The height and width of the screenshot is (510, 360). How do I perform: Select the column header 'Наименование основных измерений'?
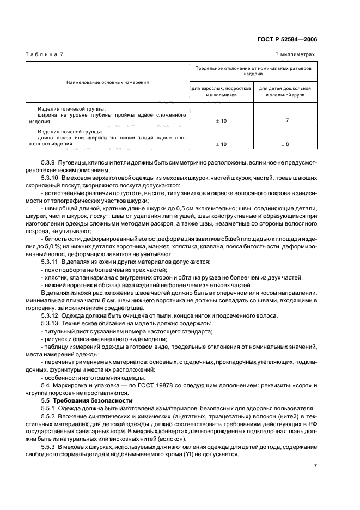(x=108, y=82)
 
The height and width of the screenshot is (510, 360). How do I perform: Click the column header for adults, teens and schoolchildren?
(x=221, y=91)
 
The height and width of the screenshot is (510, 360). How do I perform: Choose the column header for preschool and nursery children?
(x=284, y=91)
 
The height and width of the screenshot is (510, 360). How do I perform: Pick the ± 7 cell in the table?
(x=284, y=119)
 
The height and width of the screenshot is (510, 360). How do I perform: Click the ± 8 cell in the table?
(x=284, y=144)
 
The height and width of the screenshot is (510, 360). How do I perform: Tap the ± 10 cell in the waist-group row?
(x=221, y=144)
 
